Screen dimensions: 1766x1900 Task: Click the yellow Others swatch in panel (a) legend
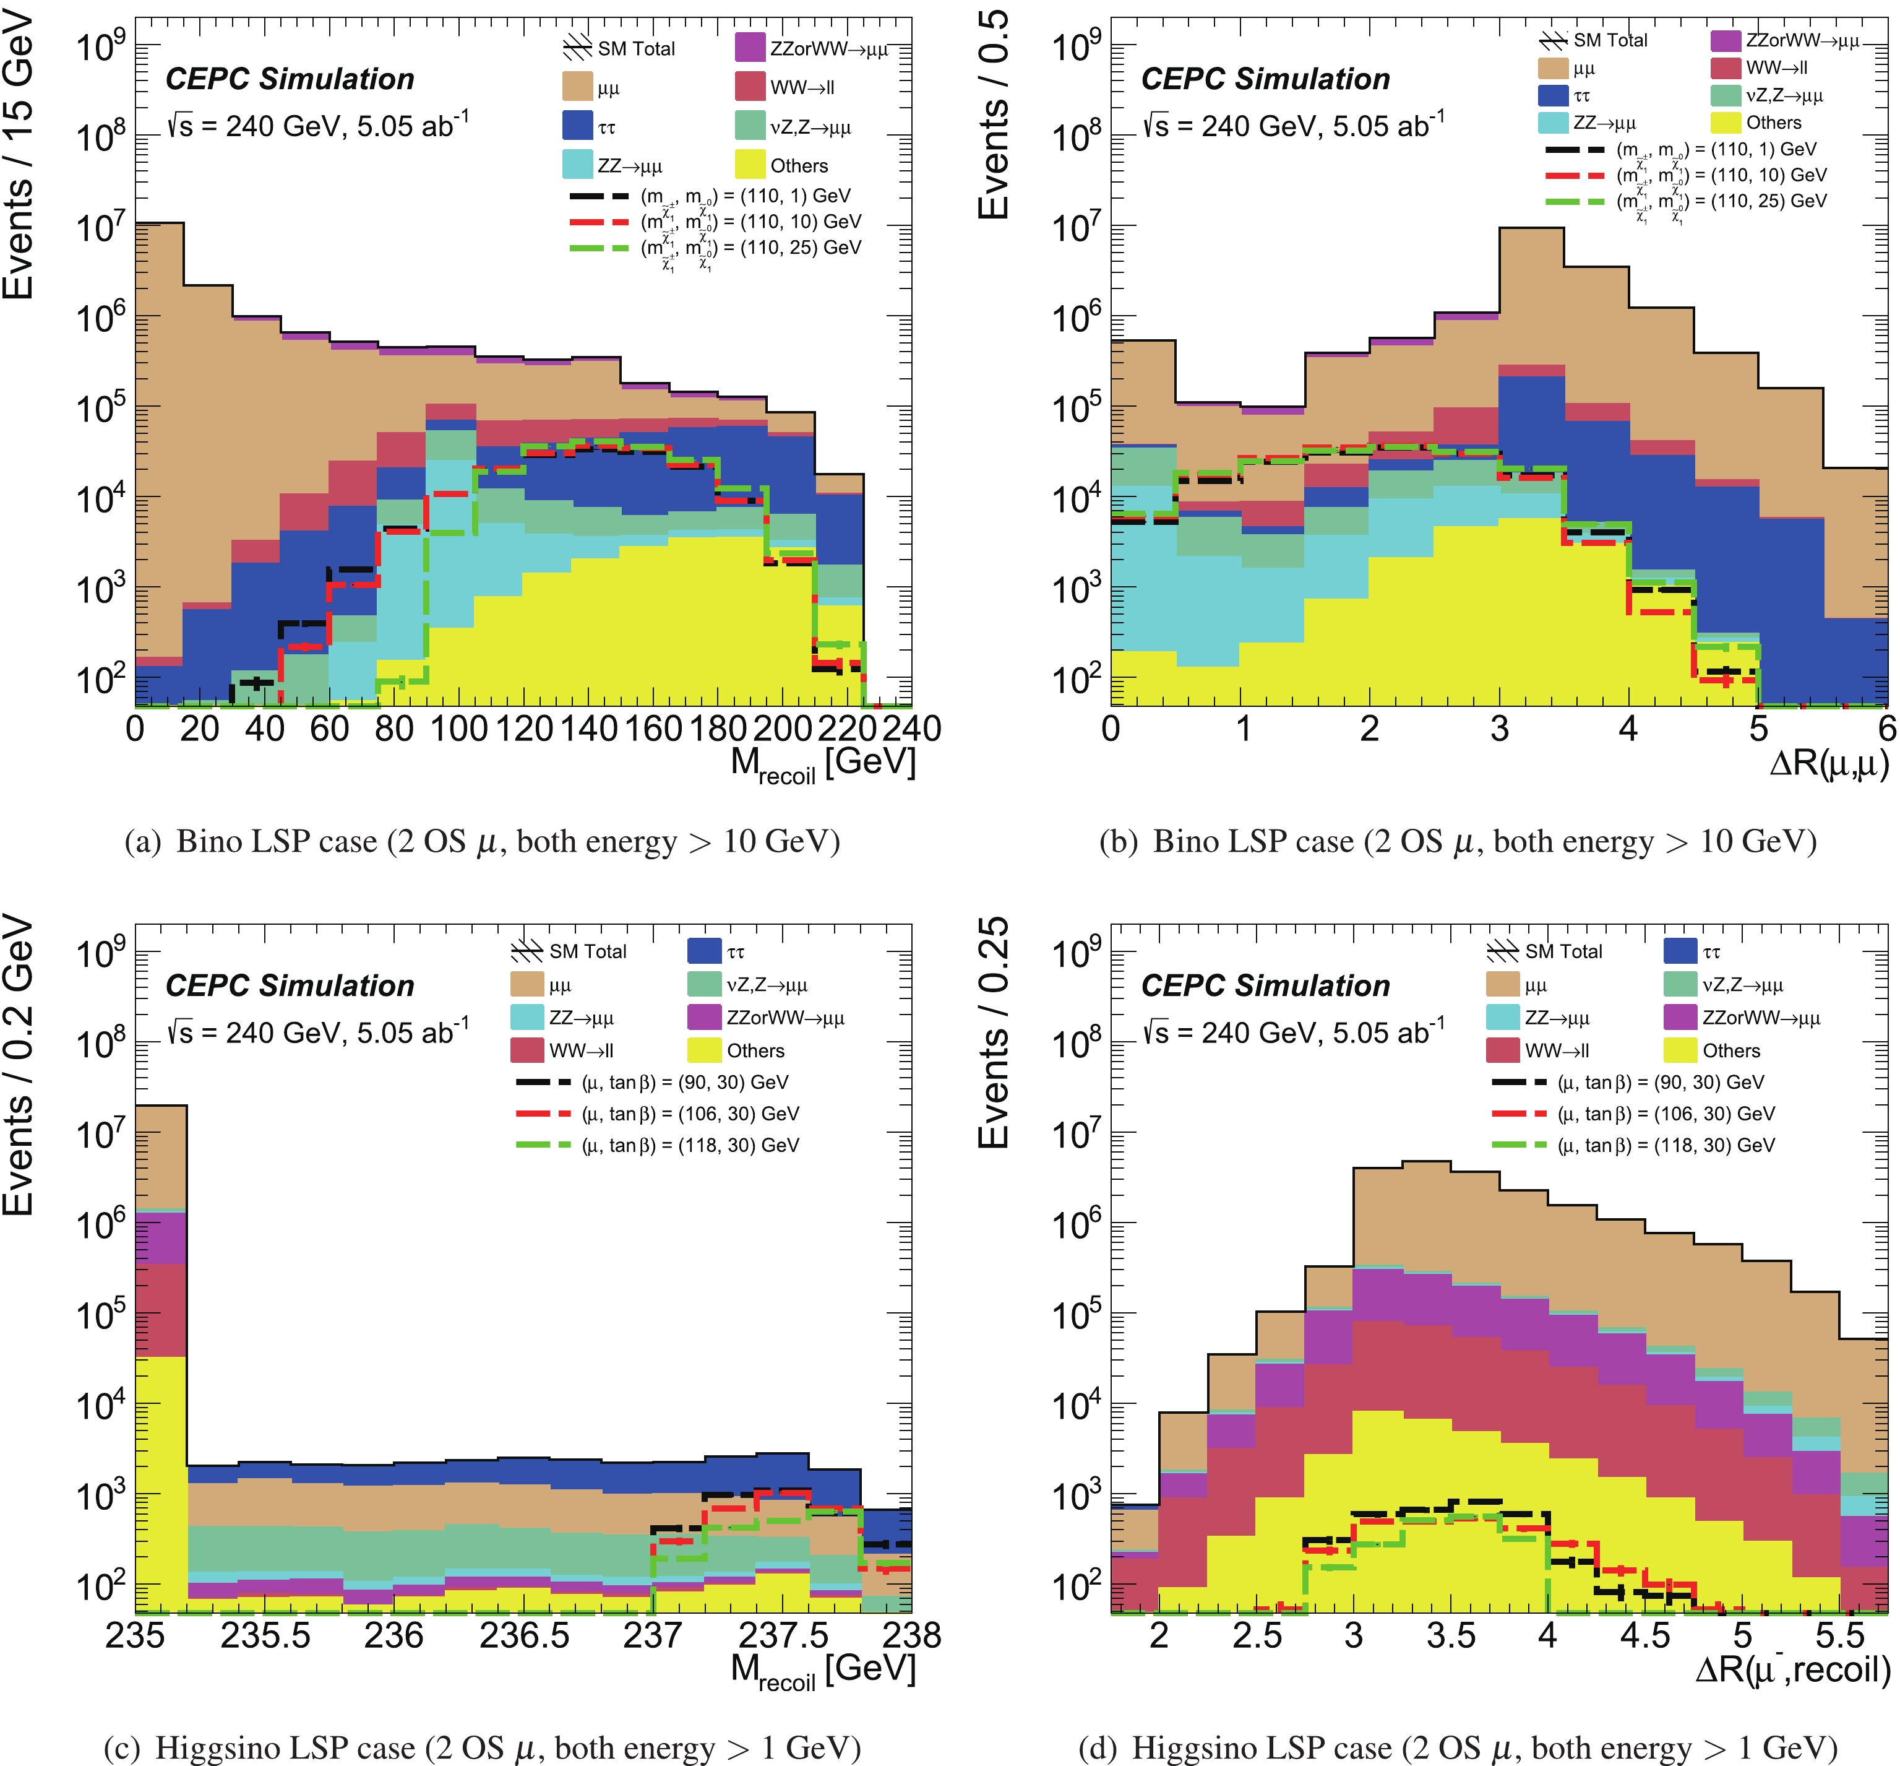(750, 165)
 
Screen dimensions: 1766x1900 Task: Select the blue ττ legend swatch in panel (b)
(1554, 95)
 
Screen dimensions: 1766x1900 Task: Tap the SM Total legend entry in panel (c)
(569, 951)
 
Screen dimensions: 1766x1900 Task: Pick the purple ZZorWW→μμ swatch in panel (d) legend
(1679, 1017)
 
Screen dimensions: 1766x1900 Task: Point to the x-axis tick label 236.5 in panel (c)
(525, 1635)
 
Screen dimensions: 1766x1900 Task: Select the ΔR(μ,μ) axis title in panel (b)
(1828, 764)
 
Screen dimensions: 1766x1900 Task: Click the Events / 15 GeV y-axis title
(19, 158)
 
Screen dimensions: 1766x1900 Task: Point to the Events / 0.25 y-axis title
(994, 1032)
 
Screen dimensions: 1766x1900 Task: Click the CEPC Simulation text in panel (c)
(290, 985)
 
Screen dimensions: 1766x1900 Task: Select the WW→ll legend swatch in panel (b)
(1725, 68)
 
